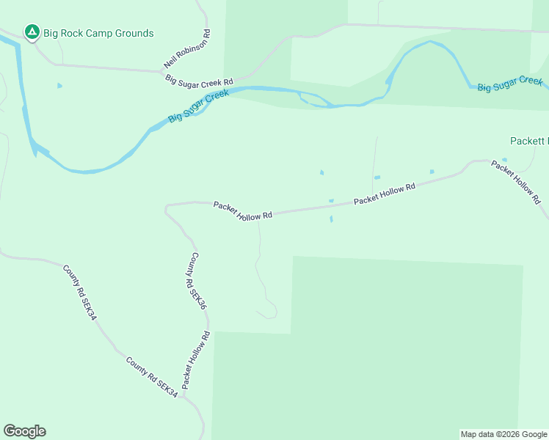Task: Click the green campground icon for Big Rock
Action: [32, 32]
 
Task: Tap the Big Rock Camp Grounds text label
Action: [99, 33]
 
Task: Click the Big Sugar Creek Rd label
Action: [199, 81]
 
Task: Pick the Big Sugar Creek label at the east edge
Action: [510, 84]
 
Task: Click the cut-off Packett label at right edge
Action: [528, 140]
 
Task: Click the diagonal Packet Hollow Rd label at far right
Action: [516, 182]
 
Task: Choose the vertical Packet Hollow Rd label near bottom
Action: [196, 359]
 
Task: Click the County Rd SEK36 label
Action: [196, 281]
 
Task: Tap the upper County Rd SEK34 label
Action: [79, 292]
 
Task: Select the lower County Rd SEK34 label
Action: [152, 377]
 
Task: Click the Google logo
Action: [24, 431]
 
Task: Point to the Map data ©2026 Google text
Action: [503, 434]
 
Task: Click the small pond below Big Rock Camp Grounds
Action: [59, 86]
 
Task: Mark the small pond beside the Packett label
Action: [504, 159]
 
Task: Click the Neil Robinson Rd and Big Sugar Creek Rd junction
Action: [162, 71]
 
